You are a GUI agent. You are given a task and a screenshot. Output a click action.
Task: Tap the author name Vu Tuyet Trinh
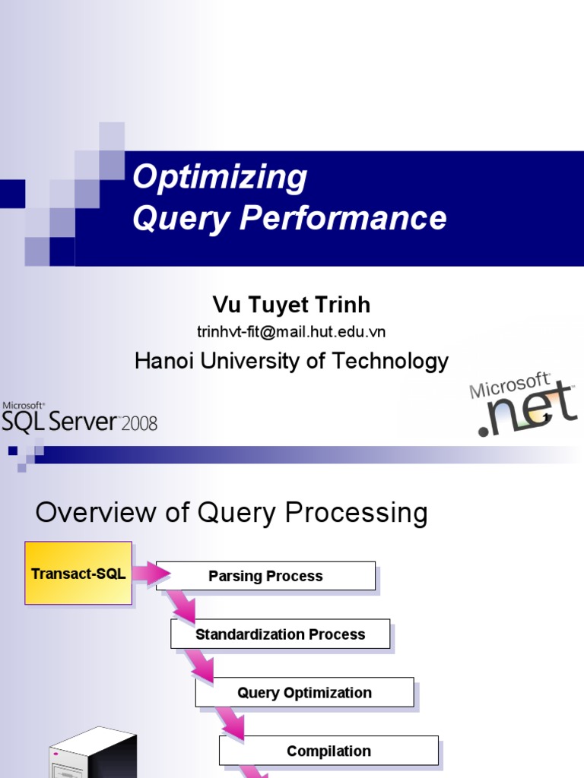point(291,305)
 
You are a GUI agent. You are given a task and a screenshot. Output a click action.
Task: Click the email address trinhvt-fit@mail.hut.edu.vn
point(291,332)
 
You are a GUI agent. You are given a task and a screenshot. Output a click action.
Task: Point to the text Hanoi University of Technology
point(291,361)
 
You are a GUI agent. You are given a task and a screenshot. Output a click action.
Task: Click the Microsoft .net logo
point(523,406)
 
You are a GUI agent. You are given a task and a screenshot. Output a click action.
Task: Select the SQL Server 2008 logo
point(79,417)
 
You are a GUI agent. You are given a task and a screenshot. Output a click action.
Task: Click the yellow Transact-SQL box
point(78,574)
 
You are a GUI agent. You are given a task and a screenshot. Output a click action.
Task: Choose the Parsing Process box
point(265,576)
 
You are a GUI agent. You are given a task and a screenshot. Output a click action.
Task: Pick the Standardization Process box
point(280,634)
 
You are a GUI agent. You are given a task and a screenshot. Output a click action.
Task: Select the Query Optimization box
point(304,693)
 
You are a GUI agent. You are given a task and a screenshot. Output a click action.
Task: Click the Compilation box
point(328,751)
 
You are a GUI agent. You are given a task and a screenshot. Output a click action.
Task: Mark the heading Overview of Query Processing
point(231,513)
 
